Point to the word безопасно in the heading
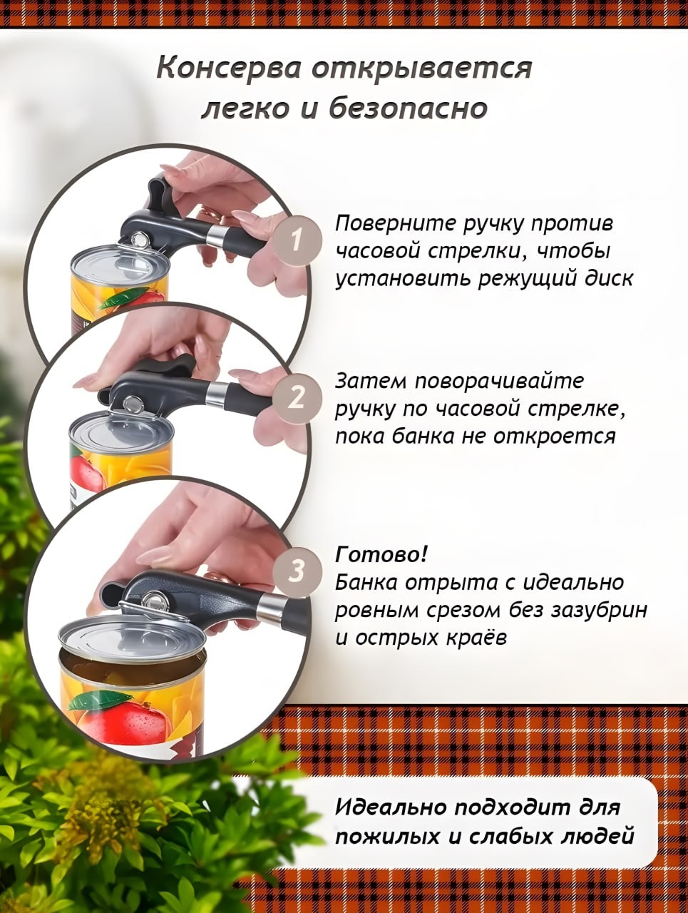(409, 109)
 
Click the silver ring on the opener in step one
(216, 235)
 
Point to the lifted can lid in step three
(132, 638)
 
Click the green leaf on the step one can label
(120, 297)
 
